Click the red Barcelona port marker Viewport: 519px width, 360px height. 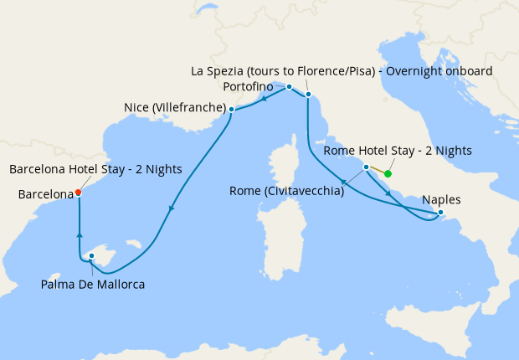point(78,192)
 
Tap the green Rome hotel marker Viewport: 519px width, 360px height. point(388,173)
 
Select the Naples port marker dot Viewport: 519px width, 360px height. point(440,213)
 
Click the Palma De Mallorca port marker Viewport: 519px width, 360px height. point(90,256)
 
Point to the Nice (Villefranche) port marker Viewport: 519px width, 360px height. point(231,109)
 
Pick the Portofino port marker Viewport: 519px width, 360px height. point(289,87)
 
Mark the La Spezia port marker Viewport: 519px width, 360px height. point(309,95)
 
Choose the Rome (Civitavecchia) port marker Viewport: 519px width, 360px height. point(366,167)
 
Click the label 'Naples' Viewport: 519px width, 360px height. point(440,199)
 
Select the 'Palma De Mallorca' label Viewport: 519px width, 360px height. point(93,285)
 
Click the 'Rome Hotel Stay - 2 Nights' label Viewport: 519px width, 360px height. point(398,151)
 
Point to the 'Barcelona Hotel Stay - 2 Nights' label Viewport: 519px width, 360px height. point(95,169)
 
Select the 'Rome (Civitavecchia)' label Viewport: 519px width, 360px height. point(286,192)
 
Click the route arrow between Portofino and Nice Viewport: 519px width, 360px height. point(264,97)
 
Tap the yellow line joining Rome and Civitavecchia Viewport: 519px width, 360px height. point(377,171)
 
